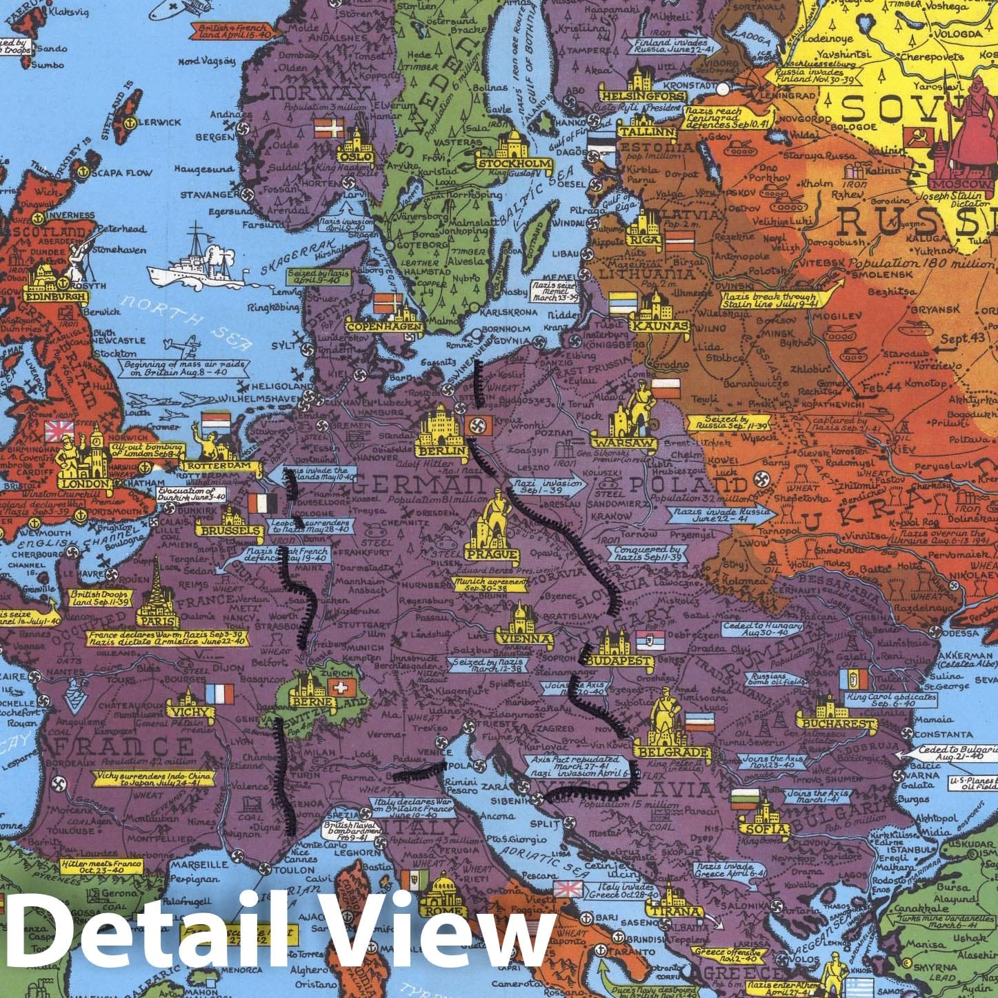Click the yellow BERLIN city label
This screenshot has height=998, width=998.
click(442, 452)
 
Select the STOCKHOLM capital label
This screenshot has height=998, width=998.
click(515, 164)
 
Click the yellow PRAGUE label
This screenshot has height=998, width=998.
click(491, 554)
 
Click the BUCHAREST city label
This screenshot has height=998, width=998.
click(837, 723)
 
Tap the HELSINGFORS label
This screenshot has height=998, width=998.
click(635, 96)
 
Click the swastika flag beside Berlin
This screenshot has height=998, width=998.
click(476, 425)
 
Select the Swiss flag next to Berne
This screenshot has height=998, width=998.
click(339, 687)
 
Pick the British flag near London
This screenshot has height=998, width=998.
click(59, 432)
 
